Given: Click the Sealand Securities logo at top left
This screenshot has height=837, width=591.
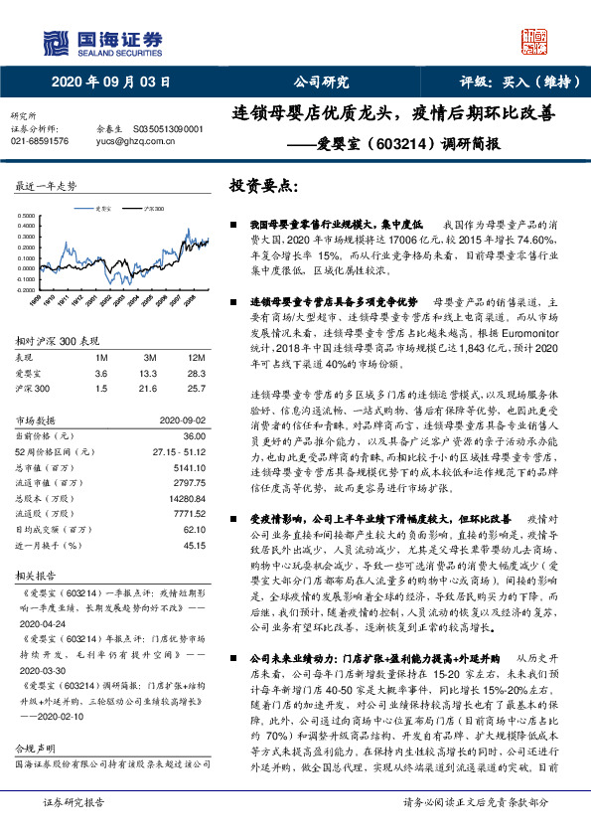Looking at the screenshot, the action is (x=100, y=41).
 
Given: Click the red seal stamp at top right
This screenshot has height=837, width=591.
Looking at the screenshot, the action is (x=535, y=41).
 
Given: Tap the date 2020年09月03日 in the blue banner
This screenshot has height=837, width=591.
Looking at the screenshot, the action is (x=110, y=83).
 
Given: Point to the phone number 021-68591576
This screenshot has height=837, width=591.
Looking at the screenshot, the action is (x=41, y=141).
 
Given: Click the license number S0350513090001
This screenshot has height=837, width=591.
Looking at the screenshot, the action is (x=167, y=129).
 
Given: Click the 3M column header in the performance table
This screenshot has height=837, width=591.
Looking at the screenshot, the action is (x=149, y=357).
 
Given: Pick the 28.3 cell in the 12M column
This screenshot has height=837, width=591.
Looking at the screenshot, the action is (x=197, y=373).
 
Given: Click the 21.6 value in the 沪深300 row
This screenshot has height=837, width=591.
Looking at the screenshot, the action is (x=150, y=389).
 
